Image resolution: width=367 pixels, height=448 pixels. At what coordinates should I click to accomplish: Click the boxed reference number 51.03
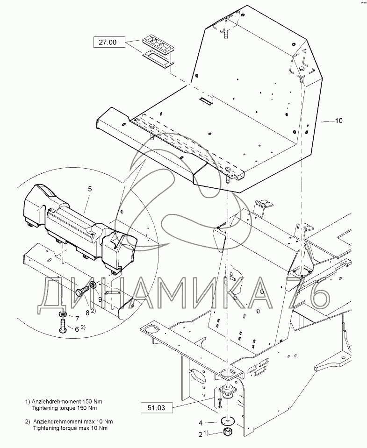tap(156, 407)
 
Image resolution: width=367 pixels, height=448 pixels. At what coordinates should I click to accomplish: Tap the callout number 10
tap(338, 121)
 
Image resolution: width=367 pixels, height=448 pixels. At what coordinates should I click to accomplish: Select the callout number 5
tap(90, 189)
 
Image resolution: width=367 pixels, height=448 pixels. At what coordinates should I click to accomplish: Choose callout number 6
tap(78, 329)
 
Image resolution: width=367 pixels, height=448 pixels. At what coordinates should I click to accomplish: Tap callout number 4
tap(201, 423)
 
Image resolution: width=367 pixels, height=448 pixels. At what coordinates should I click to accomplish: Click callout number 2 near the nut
tap(201, 434)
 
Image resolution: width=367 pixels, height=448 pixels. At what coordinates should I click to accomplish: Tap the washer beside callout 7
tap(63, 313)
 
